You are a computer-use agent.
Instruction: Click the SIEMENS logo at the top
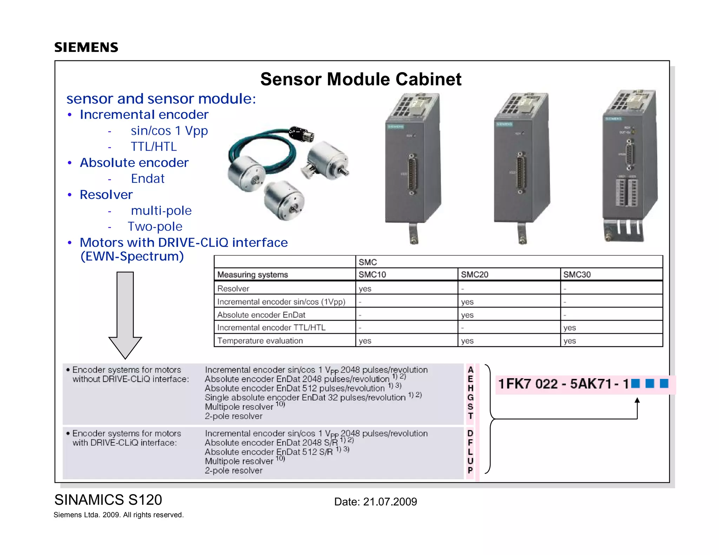point(86,47)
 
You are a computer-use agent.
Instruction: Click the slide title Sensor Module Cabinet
point(361,79)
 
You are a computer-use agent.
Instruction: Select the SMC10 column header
point(372,275)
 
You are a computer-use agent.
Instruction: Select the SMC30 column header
point(577,275)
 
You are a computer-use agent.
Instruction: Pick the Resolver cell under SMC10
point(365,289)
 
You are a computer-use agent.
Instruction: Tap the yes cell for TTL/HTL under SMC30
point(569,328)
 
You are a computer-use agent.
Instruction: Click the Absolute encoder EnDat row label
point(261,315)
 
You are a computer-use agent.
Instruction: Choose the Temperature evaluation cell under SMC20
point(467,341)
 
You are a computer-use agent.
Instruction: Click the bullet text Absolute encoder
point(134,163)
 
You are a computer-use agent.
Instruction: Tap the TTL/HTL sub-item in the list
point(153,147)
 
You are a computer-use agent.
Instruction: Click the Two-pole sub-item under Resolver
point(155,227)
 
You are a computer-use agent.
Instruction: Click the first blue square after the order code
point(635,383)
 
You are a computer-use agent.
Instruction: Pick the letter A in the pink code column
point(470,370)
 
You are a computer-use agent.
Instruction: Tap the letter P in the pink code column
point(470,470)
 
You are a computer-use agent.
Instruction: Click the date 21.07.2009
point(390,502)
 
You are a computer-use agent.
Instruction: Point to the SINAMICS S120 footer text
point(108,500)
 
